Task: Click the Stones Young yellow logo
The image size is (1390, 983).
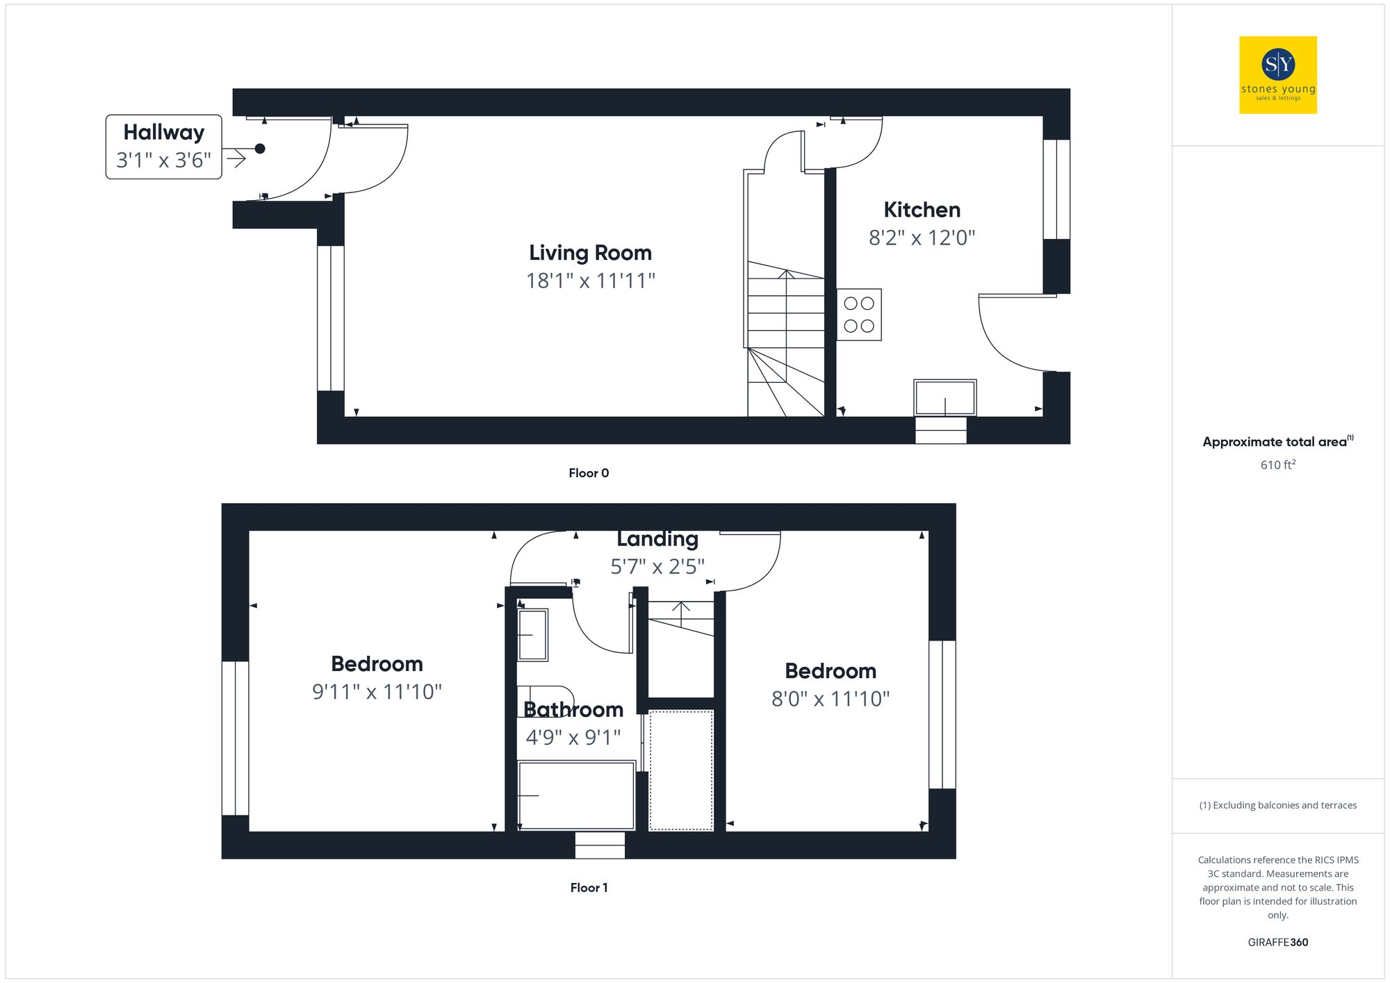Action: pyautogui.click(x=1277, y=74)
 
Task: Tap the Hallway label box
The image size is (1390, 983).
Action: pyautogui.click(x=163, y=147)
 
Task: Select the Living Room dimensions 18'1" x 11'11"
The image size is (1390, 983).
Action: pyautogui.click(x=590, y=281)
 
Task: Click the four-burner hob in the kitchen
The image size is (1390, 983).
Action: pyautogui.click(x=859, y=315)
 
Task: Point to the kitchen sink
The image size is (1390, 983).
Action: pyautogui.click(x=945, y=397)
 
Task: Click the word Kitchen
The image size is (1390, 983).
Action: pyautogui.click(x=922, y=210)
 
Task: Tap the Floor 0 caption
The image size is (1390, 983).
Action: pyautogui.click(x=589, y=473)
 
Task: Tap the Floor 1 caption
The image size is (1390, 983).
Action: pyautogui.click(x=589, y=888)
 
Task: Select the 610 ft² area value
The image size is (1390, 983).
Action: pyautogui.click(x=1277, y=465)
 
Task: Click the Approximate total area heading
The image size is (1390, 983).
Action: pyautogui.click(x=1275, y=442)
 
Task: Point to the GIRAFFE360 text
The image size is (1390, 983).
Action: pyautogui.click(x=1277, y=943)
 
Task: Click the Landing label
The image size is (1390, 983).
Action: pyautogui.click(x=657, y=539)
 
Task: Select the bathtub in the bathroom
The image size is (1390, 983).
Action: pyautogui.click(x=576, y=795)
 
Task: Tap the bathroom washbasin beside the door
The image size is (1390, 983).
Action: pyautogui.click(x=533, y=634)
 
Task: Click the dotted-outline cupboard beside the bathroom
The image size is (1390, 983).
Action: pyautogui.click(x=681, y=770)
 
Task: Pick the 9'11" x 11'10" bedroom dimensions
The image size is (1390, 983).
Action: pyautogui.click(x=377, y=692)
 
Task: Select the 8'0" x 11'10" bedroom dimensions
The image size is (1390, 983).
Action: pyautogui.click(x=830, y=699)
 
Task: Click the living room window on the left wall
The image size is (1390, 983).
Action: pyautogui.click(x=331, y=318)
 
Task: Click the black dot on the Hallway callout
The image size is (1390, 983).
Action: pyautogui.click(x=260, y=149)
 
